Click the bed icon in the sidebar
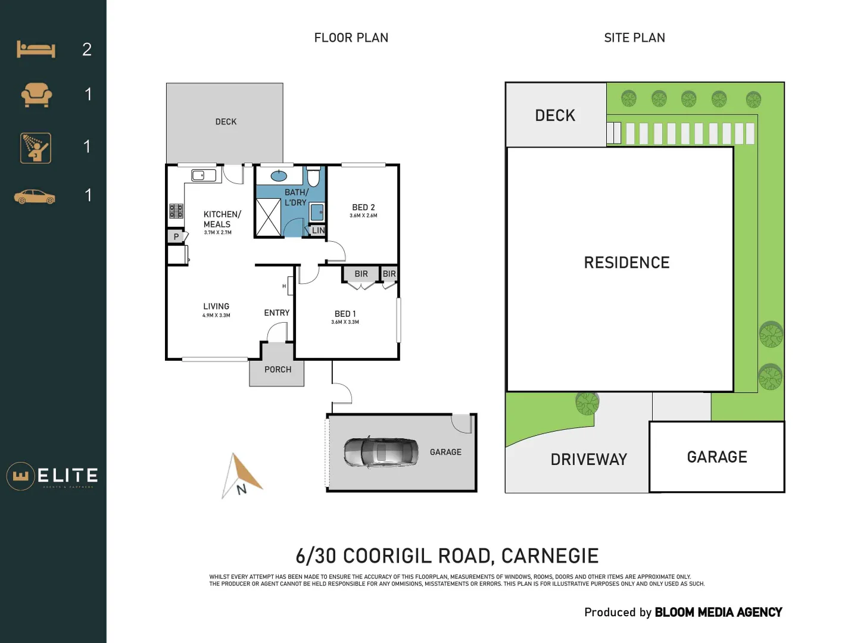coord(36,49)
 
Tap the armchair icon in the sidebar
coord(36,94)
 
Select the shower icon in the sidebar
coord(36,148)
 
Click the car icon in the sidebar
coord(35,196)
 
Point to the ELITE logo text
coord(67,476)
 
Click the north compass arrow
coord(243,475)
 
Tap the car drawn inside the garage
coord(381,452)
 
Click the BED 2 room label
coord(363,208)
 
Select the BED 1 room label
coord(345,314)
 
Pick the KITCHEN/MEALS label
coord(222,219)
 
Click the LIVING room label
coord(216,307)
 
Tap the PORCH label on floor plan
coord(278,370)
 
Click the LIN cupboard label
coord(319,230)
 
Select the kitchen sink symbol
coord(203,175)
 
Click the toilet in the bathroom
coord(313,177)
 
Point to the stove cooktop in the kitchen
coord(176,211)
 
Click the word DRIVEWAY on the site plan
coord(588,460)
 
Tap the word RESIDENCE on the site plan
coord(626,263)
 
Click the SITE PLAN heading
coord(634,38)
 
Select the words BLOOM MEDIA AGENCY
coord(718,612)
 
